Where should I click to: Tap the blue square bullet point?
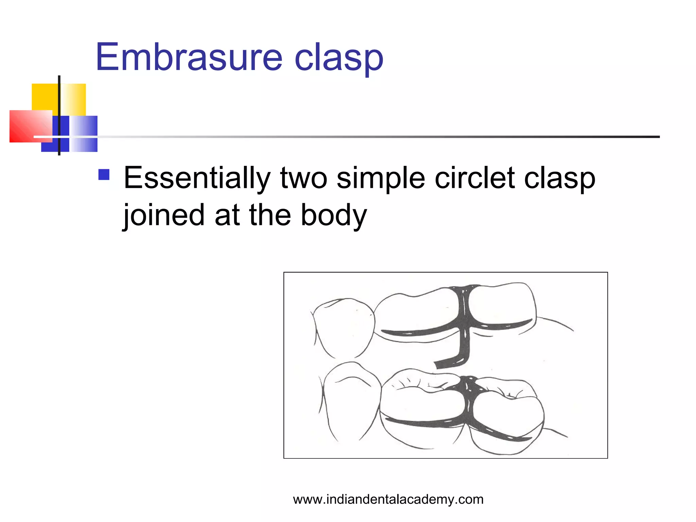click(104, 175)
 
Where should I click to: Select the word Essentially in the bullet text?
click(197, 178)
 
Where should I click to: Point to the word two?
click(303, 178)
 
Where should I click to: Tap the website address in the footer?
click(388, 499)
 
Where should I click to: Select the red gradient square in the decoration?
click(30, 126)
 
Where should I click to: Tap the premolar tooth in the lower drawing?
click(352, 401)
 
